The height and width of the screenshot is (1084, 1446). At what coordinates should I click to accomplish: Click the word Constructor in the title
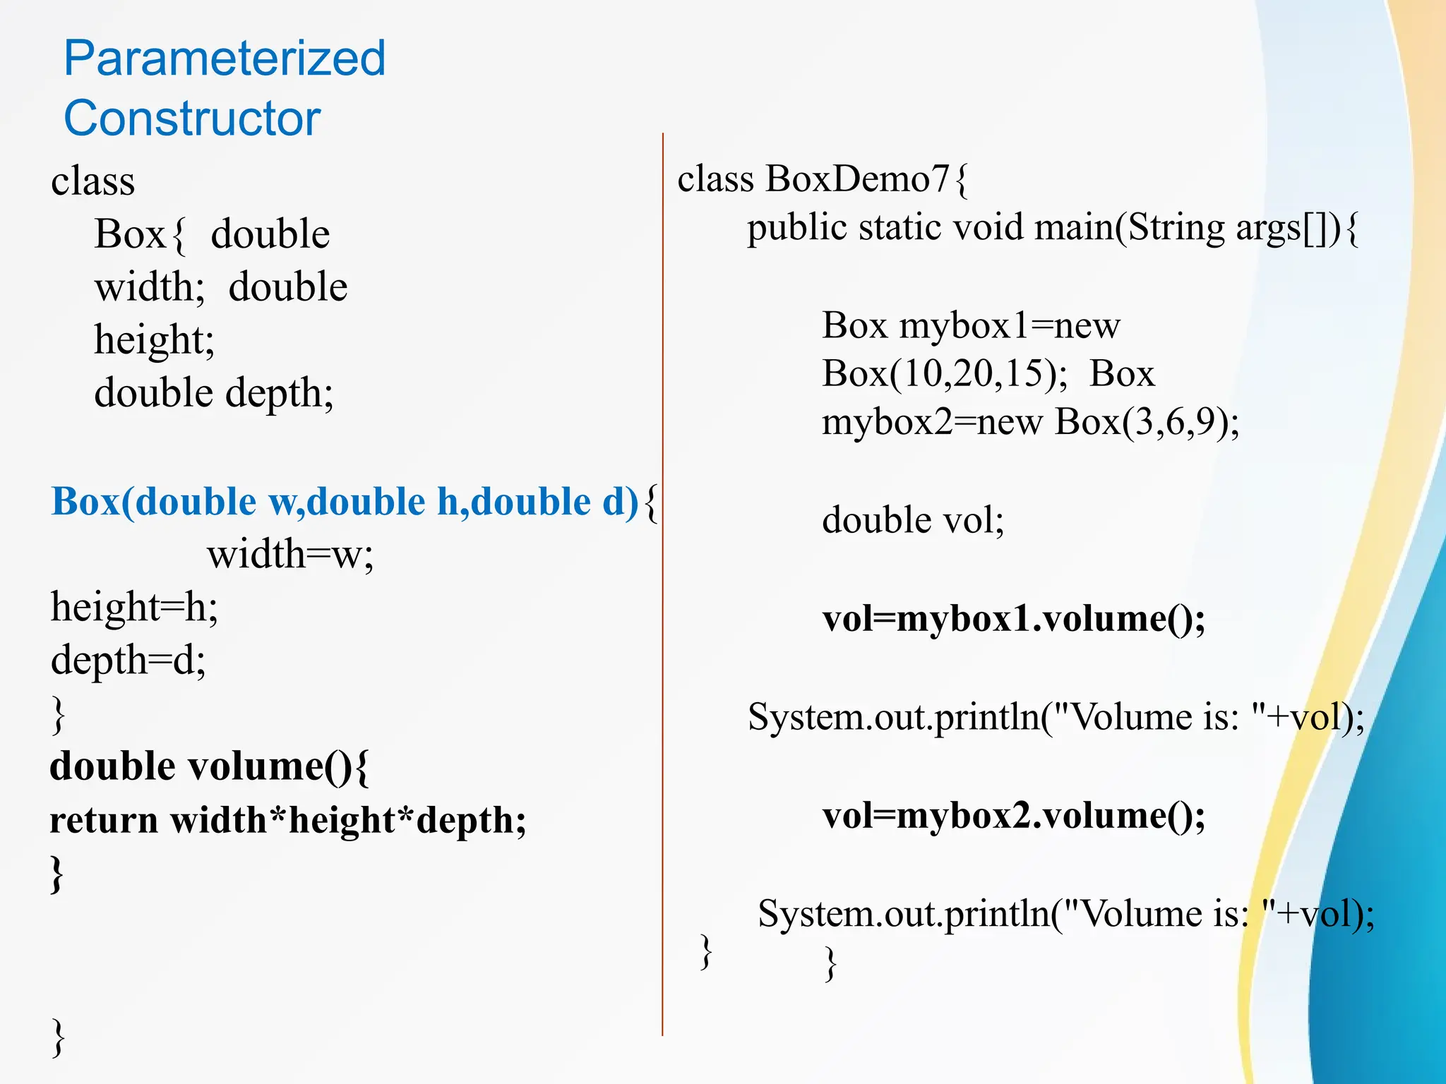[192, 118]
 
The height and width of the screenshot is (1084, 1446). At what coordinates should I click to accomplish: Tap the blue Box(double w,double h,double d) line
[345, 502]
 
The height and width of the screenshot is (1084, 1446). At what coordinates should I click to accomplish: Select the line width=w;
[289, 554]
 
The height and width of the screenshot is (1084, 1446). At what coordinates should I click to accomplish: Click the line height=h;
[134, 607]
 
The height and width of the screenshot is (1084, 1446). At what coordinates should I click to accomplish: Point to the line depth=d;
[128, 660]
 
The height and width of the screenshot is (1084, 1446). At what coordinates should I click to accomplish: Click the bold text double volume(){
[209, 766]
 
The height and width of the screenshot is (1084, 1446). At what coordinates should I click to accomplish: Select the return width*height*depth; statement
[288, 820]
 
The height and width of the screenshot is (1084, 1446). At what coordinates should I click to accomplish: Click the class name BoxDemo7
[857, 179]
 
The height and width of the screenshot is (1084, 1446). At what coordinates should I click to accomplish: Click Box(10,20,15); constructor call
[945, 373]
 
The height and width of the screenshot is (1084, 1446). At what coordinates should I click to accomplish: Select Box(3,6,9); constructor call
[1147, 422]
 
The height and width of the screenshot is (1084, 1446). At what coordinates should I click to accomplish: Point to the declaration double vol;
[912, 520]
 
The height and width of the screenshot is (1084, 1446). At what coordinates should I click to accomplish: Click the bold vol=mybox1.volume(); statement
[1014, 619]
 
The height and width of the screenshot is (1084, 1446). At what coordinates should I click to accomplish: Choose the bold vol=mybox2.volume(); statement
[1014, 816]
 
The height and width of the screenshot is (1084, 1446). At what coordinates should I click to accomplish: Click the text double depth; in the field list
[213, 393]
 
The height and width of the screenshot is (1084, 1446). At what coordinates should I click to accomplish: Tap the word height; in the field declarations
[154, 340]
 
